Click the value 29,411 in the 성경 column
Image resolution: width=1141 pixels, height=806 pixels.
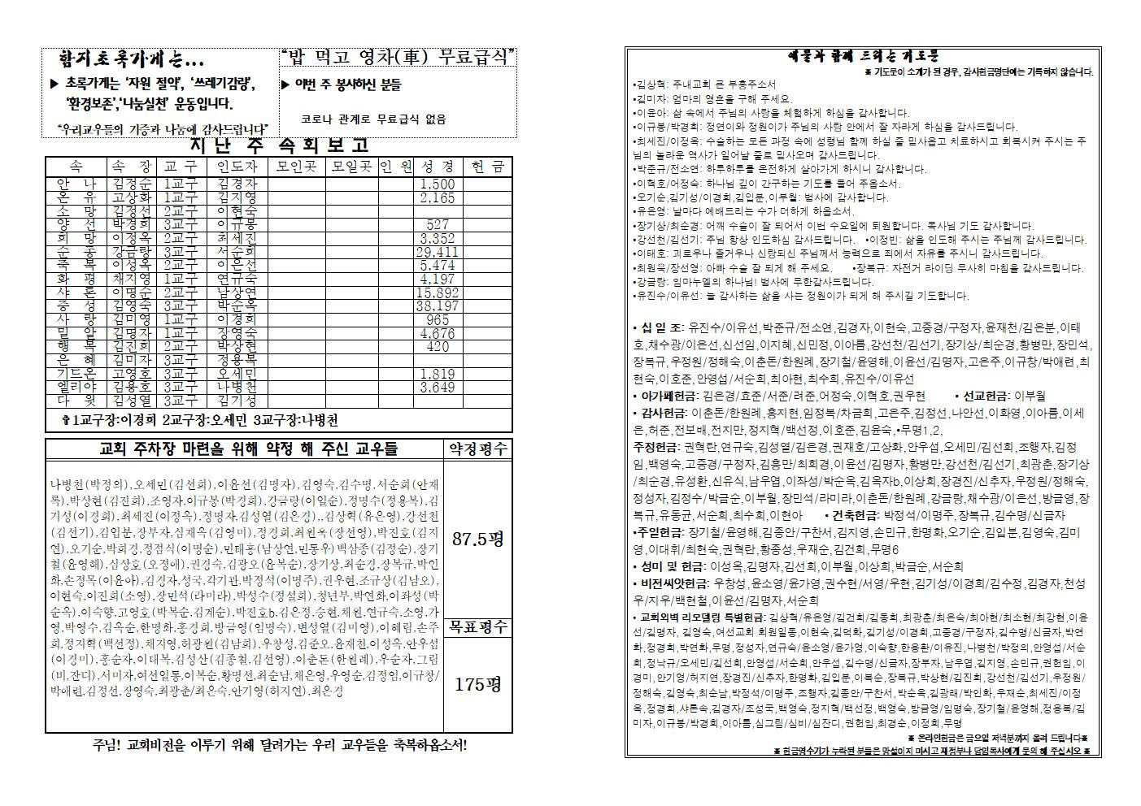click(438, 252)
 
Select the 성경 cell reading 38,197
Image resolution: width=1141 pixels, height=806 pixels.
click(438, 305)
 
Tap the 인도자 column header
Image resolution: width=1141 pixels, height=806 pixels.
click(236, 166)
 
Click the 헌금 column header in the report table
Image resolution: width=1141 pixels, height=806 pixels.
click(487, 166)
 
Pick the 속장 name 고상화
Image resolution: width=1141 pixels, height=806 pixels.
click(131, 197)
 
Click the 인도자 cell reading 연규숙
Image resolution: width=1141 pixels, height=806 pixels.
click(237, 278)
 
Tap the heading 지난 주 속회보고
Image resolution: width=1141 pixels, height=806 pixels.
click(278, 145)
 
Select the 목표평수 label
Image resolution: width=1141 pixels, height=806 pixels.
click(478, 626)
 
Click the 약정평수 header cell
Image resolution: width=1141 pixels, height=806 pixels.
click(478, 448)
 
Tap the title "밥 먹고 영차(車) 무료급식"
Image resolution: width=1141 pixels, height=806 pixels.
click(398, 56)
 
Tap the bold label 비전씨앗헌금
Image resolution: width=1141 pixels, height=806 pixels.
click(671, 583)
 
